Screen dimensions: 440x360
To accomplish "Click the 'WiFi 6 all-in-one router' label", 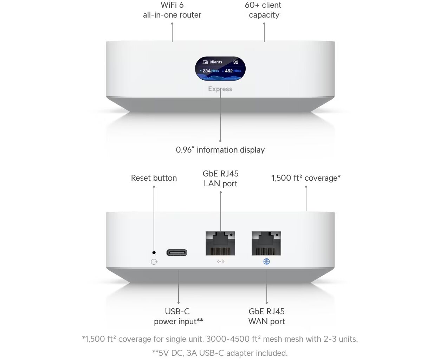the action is [x=172, y=10].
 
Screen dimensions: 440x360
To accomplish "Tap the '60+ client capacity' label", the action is [x=263, y=10].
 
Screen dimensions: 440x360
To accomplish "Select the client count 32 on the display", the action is [x=235, y=62].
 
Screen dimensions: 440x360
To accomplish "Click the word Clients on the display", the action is [x=216, y=62].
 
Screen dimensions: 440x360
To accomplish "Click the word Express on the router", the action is [x=220, y=89].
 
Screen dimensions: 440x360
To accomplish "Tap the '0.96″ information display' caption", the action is [x=220, y=150].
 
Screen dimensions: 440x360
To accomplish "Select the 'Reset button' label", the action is [x=154, y=178].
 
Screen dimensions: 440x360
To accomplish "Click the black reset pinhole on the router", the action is [x=154, y=253].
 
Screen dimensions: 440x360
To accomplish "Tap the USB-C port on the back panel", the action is [x=177, y=253].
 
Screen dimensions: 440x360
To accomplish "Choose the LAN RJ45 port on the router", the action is [x=220, y=243].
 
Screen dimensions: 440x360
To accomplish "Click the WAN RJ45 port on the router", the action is [x=266, y=243].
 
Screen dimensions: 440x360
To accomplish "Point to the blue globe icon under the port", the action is [x=267, y=262].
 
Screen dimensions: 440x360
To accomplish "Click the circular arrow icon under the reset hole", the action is [x=154, y=262].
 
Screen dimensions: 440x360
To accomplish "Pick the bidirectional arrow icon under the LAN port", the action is [x=220, y=262].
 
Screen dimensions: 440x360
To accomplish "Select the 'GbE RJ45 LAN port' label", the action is [x=220, y=179].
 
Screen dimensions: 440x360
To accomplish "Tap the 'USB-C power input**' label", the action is [x=179, y=316].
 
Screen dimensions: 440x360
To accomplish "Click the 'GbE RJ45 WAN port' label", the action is [x=266, y=316].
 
